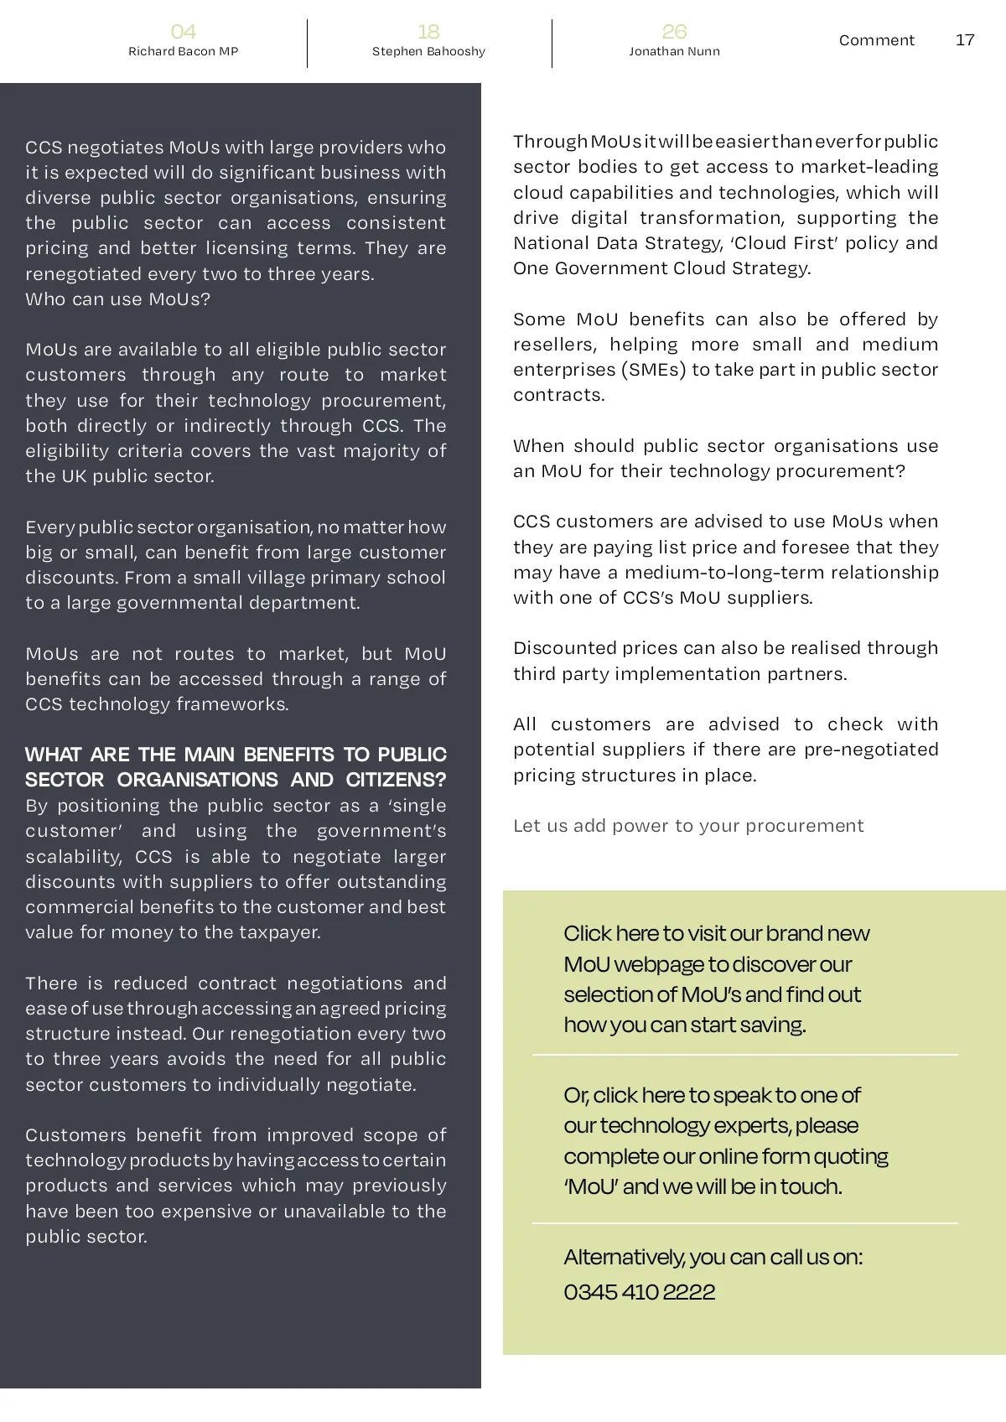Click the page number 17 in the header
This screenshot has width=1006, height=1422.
coord(965,40)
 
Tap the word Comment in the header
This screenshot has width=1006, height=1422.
coord(876,40)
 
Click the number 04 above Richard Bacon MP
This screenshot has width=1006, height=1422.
coord(183,32)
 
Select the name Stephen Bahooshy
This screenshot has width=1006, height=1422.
coord(428,51)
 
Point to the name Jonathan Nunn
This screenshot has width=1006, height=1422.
coord(674,51)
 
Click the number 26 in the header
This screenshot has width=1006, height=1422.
coord(674,32)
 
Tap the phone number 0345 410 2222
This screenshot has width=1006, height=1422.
coord(639,1292)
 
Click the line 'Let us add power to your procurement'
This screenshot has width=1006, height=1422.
coord(687,826)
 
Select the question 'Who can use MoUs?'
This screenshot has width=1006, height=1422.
coord(117,299)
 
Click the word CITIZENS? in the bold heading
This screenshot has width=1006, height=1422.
coord(396,780)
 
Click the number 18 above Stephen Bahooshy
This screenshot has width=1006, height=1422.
coord(428,32)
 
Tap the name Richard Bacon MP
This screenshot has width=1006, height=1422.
coord(183,51)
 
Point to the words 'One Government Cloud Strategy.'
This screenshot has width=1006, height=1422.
coord(661,268)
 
